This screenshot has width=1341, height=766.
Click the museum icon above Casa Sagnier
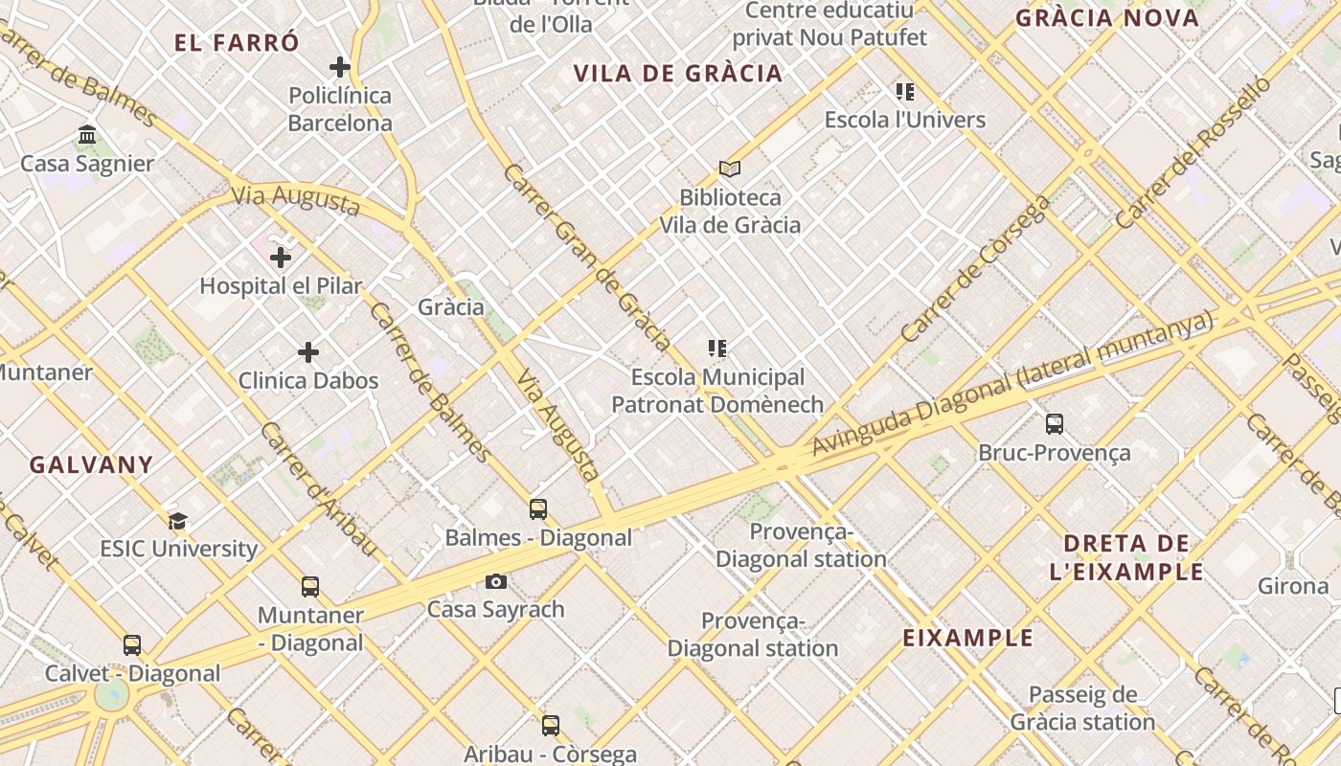pyautogui.click(x=87, y=135)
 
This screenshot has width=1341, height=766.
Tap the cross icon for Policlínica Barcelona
pyautogui.click(x=339, y=67)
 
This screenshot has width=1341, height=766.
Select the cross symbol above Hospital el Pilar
pyautogui.click(x=281, y=258)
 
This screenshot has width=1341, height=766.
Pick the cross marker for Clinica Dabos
pyautogui.click(x=308, y=352)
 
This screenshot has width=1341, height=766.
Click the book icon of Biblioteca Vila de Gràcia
pyautogui.click(x=730, y=169)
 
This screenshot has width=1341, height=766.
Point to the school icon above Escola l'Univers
pyautogui.click(x=905, y=92)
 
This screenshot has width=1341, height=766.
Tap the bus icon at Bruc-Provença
pyautogui.click(x=1055, y=424)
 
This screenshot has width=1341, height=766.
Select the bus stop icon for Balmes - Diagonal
pyautogui.click(x=538, y=509)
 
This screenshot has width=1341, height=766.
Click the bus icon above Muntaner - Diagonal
pyautogui.click(x=310, y=587)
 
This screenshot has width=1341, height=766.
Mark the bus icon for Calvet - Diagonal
pyautogui.click(x=132, y=645)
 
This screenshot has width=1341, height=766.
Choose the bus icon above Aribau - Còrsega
pyautogui.click(x=551, y=726)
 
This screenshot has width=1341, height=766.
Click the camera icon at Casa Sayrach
pyautogui.click(x=496, y=581)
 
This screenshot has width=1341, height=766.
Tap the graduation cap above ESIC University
pyautogui.click(x=178, y=521)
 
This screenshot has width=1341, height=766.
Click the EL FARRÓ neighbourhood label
pyautogui.click(x=237, y=43)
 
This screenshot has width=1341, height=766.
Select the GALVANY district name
pyautogui.click(x=91, y=465)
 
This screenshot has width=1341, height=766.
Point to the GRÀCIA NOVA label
pyautogui.click(x=1107, y=18)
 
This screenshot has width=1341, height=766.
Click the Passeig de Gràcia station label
pyautogui.click(x=1082, y=709)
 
